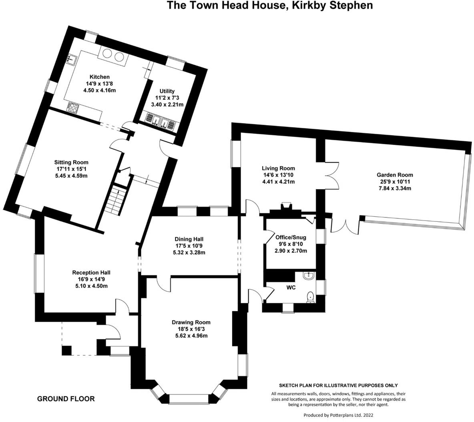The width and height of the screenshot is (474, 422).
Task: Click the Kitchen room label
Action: coord(99,77)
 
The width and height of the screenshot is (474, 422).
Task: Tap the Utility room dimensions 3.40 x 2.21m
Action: coord(169,105)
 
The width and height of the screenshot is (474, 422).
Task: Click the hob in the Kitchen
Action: coord(72,107)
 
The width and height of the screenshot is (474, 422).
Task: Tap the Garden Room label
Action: coord(394,175)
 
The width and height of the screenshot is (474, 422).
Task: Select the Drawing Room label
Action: coord(191,322)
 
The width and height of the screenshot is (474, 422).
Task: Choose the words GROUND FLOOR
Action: coord(66,398)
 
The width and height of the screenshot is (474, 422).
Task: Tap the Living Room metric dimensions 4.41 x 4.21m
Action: coord(278,182)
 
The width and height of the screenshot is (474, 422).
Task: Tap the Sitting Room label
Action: coord(71,162)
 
